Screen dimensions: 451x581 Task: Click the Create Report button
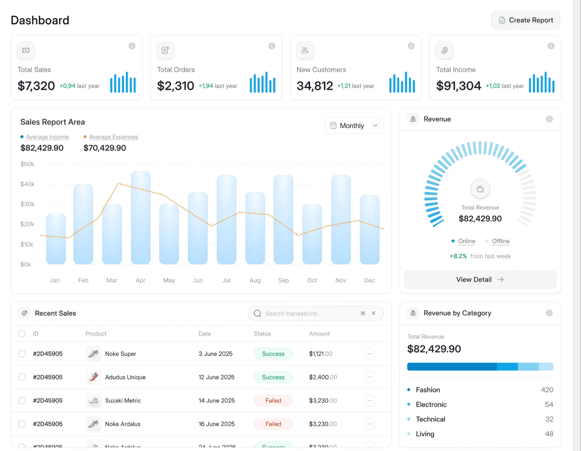(526, 20)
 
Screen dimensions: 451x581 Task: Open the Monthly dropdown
(354, 126)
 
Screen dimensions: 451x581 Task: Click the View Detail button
(480, 280)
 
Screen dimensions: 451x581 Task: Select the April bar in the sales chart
(141, 218)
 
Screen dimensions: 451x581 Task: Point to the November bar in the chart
(341, 220)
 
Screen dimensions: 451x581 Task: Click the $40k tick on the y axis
(27, 184)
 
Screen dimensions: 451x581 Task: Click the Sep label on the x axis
(283, 280)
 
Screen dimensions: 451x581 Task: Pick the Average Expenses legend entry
(113, 137)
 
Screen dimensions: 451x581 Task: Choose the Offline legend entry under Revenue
(501, 241)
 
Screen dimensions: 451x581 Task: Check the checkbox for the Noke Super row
(22, 354)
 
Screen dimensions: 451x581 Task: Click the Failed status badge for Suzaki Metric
(273, 401)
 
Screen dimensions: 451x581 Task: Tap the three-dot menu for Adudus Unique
(370, 377)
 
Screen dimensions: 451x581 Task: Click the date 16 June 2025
(216, 424)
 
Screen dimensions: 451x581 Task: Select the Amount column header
(319, 334)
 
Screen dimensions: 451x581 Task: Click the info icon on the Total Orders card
(272, 46)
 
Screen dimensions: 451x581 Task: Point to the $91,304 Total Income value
(459, 86)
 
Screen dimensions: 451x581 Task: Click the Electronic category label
(431, 405)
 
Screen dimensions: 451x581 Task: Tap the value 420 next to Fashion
(547, 390)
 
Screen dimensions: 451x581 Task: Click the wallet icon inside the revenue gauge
(480, 189)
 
